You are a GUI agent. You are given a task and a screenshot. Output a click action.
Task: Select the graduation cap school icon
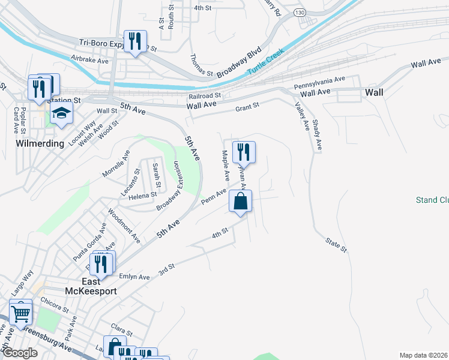(61, 113)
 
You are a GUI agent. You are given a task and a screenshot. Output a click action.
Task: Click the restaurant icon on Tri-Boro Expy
(135, 41)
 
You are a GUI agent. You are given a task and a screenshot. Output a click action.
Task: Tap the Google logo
(20, 353)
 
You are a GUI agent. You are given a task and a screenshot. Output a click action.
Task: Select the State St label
(336, 244)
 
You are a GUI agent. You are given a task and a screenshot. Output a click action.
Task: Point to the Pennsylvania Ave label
(320, 82)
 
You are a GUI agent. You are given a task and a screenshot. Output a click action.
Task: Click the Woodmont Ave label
(124, 226)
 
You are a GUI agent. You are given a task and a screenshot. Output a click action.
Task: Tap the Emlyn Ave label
(134, 277)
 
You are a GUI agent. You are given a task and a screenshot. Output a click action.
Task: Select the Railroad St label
(205, 95)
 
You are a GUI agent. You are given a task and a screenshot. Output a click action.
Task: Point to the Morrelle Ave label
(116, 163)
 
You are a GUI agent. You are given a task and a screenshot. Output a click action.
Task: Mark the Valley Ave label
(301, 116)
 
